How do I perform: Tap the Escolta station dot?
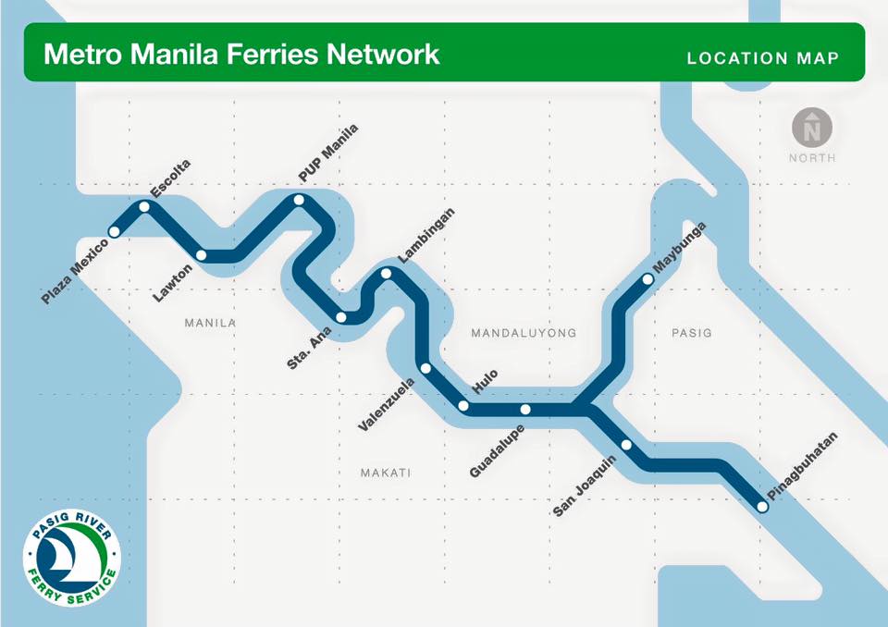pos(144,207)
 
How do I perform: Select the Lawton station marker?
pos(202,255)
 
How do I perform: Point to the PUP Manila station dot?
pos(299,200)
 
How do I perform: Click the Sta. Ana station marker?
pos(341,317)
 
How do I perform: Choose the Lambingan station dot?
pos(387,273)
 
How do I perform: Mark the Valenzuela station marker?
pos(425,368)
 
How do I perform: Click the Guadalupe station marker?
pos(524,409)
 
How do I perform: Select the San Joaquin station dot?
pos(626,445)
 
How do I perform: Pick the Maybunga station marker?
pos(647,277)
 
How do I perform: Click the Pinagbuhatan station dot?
pos(762,506)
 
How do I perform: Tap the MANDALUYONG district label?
pos(524,333)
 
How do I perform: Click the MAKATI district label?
pos(385,473)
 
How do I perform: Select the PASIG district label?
pos(692,333)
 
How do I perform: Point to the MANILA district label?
pos(211,324)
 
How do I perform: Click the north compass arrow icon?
pos(812,127)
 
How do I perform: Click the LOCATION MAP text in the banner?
pos(763,58)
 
